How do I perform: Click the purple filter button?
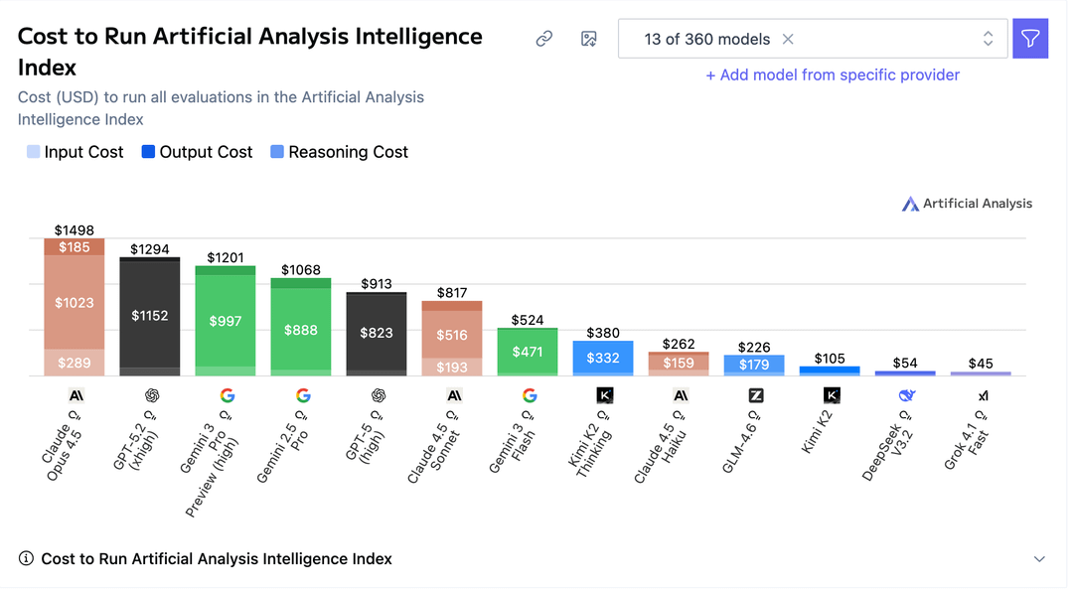coord(1030,39)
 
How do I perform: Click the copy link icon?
coord(543,39)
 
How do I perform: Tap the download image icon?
coord(589,39)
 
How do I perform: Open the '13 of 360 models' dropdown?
coord(813,39)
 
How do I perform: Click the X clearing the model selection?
coord(788,39)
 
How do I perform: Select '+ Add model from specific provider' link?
coord(833,74)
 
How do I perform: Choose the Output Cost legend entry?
coord(197,152)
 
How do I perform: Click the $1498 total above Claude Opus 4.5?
coord(74,230)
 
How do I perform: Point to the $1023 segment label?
coord(74,303)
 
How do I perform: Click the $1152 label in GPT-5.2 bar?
coord(150,316)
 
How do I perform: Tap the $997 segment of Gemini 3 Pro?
coord(226,321)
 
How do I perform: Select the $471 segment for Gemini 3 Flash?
coord(528,352)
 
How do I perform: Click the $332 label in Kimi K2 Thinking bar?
coord(603,358)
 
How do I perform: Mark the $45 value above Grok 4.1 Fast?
coord(981,364)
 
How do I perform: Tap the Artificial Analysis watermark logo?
coord(967,204)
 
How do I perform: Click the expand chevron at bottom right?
coord(1039,559)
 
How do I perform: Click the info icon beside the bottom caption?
coord(26,559)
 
